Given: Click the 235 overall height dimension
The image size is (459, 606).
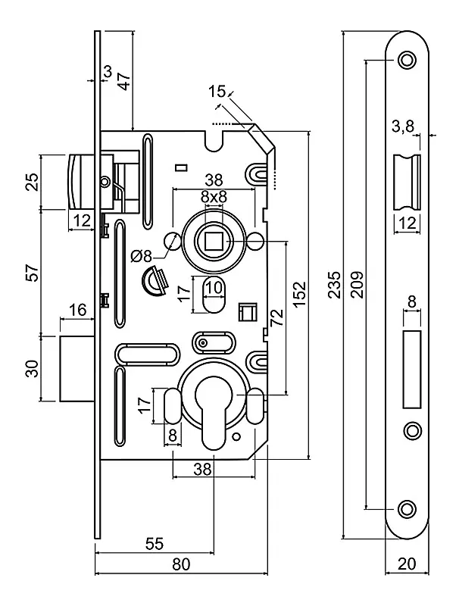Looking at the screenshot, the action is [x=335, y=285].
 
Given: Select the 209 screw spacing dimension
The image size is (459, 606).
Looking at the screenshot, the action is [x=358, y=285].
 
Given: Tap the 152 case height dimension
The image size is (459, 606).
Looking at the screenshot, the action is [x=299, y=295].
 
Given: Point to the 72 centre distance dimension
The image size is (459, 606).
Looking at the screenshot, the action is [x=277, y=317].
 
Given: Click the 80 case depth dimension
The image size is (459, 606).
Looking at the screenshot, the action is [x=181, y=564].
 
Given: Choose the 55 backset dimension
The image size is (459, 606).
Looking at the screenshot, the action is [x=155, y=543].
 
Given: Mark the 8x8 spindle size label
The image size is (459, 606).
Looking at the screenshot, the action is [x=214, y=198].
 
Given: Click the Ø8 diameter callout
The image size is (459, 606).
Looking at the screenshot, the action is [x=142, y=256].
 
